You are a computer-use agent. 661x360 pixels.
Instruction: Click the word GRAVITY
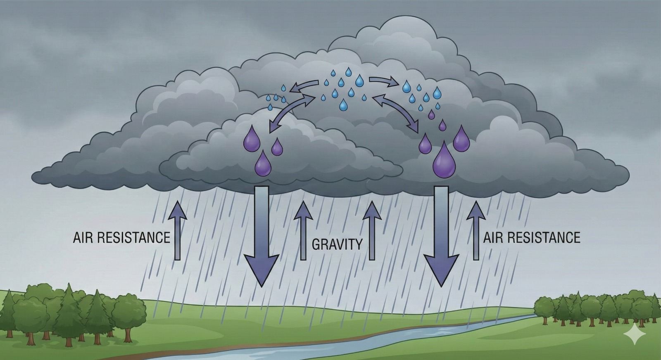pos(337,244)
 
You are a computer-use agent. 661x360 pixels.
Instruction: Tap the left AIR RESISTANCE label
pos(121,238)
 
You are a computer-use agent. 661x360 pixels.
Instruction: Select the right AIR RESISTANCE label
pos(532,237)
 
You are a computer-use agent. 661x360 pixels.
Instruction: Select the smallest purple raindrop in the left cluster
pos(277,147)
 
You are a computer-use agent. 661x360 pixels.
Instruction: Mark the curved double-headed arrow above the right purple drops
pos(395,113)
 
